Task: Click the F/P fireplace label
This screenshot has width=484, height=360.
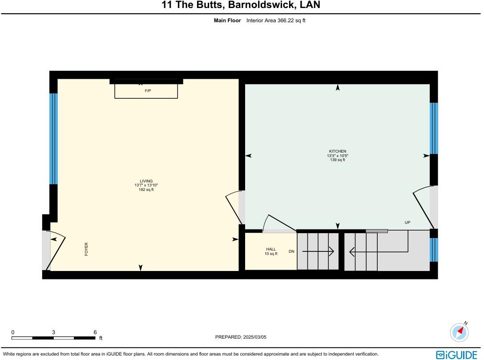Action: tap(148, 91)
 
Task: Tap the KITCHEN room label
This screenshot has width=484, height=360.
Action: tap(337, 151)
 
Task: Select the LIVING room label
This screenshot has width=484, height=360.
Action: tap(146, 181)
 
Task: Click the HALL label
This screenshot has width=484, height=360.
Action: tap(271, 249)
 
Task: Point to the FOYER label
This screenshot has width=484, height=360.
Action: tap(86, 249)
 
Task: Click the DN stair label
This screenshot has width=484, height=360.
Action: tap(291, 252)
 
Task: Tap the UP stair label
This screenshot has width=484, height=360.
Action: tap(407, 222)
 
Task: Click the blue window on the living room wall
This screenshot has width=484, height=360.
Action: tap(53, 138)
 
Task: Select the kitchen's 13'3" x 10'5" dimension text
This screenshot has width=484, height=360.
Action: tap(338, 156)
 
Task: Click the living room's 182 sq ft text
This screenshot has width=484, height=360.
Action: tap(146, 190)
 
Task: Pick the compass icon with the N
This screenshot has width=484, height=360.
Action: tap(460, 332)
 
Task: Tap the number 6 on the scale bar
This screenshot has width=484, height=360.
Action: tap(95, 332)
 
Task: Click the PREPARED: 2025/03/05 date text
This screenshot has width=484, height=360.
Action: tap(241, 337)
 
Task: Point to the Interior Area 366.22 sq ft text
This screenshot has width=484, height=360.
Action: tap(276, 20)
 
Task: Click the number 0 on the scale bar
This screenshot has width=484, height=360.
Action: tap(13, 332)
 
